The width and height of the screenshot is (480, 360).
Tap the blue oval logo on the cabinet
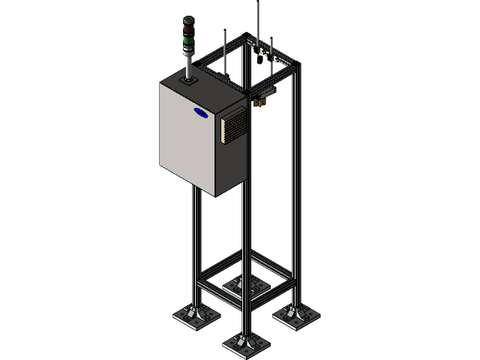coord(201,112)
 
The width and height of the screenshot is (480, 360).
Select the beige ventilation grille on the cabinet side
coord(232,123)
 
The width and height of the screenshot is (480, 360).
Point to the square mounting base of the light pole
coord(187,77)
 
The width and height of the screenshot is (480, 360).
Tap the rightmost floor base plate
coord(295,316)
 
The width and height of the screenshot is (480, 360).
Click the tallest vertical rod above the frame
coord(258,22)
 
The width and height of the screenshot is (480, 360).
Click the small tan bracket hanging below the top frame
coord(263,97)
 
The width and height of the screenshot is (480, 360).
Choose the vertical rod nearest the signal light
coord(225,45)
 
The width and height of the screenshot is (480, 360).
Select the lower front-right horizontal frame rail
coord(270,290)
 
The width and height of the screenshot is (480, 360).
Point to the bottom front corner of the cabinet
coord(216,196)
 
